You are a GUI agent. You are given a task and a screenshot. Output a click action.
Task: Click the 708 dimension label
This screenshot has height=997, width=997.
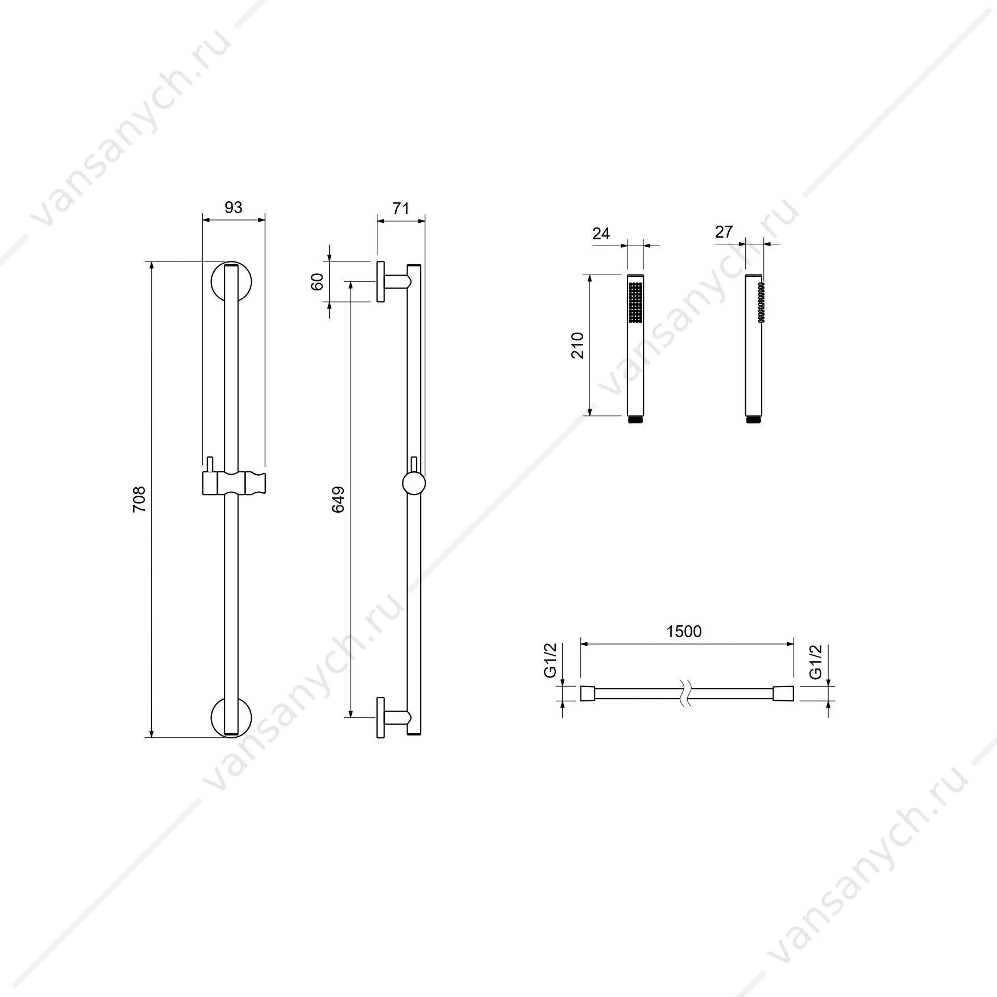point(139,500)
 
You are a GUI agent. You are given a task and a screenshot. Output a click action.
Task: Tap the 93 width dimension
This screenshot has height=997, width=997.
point(233,207)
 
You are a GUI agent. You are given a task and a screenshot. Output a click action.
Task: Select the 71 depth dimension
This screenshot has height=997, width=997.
point(401,209)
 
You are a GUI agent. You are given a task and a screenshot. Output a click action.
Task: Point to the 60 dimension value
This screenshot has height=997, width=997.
point(317,281)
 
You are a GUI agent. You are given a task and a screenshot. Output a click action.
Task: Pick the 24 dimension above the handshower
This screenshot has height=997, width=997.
point(601,234)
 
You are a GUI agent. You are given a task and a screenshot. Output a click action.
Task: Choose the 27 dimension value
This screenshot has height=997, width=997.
point(724,232)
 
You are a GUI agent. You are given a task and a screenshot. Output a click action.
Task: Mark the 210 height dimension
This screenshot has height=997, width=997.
point(578,345)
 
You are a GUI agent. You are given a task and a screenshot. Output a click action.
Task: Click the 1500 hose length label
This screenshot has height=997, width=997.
point(684,632)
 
